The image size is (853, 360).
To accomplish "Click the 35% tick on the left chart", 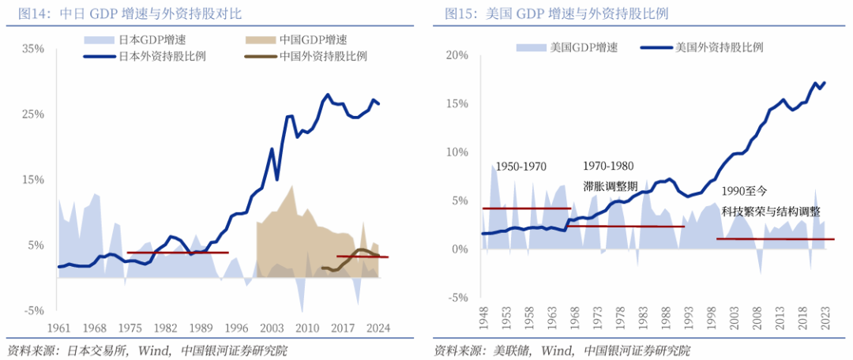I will pyautogui.click(x=33, y=48).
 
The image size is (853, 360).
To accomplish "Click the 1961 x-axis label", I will pyautogui.click(x=59, y=328).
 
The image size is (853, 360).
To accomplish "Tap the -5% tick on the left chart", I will pyautogui.click(x=33, y=310).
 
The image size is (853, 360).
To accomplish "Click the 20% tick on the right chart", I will pyautogui.click(x=458, y=55).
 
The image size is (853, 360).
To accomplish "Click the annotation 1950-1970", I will pyautogui.click(x=521, y=167).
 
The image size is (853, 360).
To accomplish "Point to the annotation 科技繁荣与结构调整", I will pyautogui.click(x=770, y=212).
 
